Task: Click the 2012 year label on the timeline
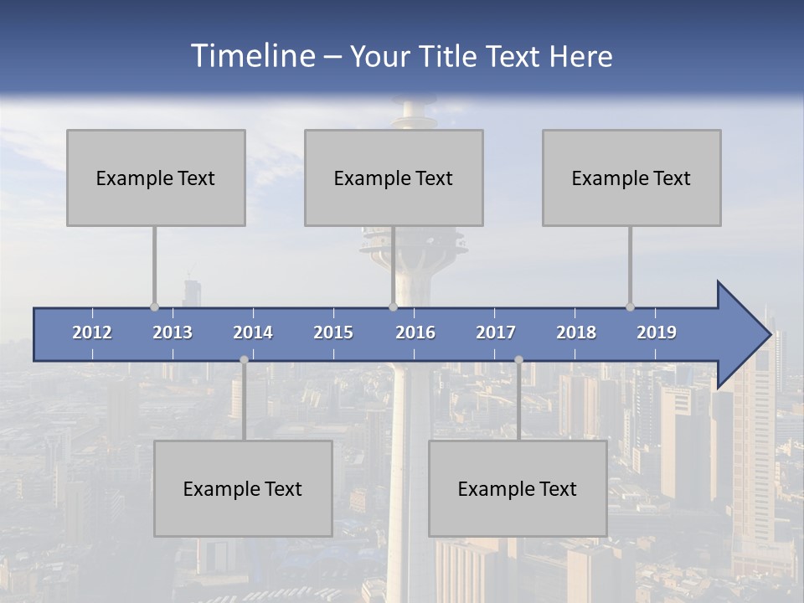(92, 332)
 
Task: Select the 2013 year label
(173, 332)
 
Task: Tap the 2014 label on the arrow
(253, 332)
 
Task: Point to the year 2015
(333, 332)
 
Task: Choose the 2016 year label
(415, 332)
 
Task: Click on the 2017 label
(496, 332)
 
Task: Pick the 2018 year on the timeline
(576, 332)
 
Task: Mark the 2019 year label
(657, 332)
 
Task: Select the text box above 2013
(156, 178)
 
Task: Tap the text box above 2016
(394, 178)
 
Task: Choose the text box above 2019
(631, 178)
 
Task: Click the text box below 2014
(243, 488)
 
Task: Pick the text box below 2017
(518, 488)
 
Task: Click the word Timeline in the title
(252, 56)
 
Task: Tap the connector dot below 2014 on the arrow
(244, 359)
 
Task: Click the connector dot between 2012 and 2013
(154, 307)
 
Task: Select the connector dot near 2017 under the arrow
(518, 359)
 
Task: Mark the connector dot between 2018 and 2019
(630, 307)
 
